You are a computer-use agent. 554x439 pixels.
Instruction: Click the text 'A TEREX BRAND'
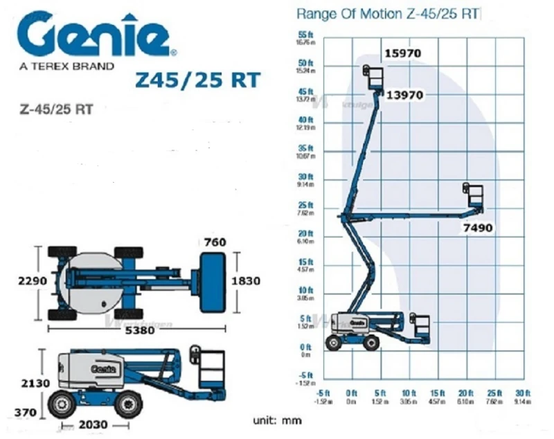67,67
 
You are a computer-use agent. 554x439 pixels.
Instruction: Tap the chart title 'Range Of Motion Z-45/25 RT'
388,13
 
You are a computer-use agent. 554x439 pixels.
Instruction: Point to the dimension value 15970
403,53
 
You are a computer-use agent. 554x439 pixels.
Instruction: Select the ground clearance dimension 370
26,412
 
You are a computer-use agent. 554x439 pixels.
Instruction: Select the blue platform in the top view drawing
212,281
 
